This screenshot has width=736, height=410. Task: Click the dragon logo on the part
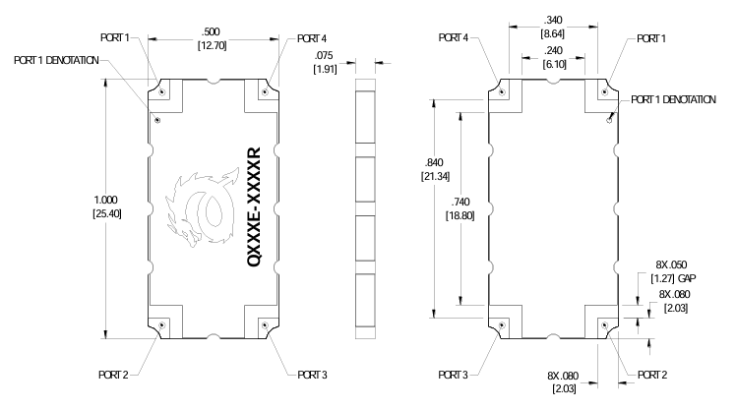pyautogui.click(x=205, y=208)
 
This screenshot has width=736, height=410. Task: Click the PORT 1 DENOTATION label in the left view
pyautogui.click(x=56, y=60)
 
